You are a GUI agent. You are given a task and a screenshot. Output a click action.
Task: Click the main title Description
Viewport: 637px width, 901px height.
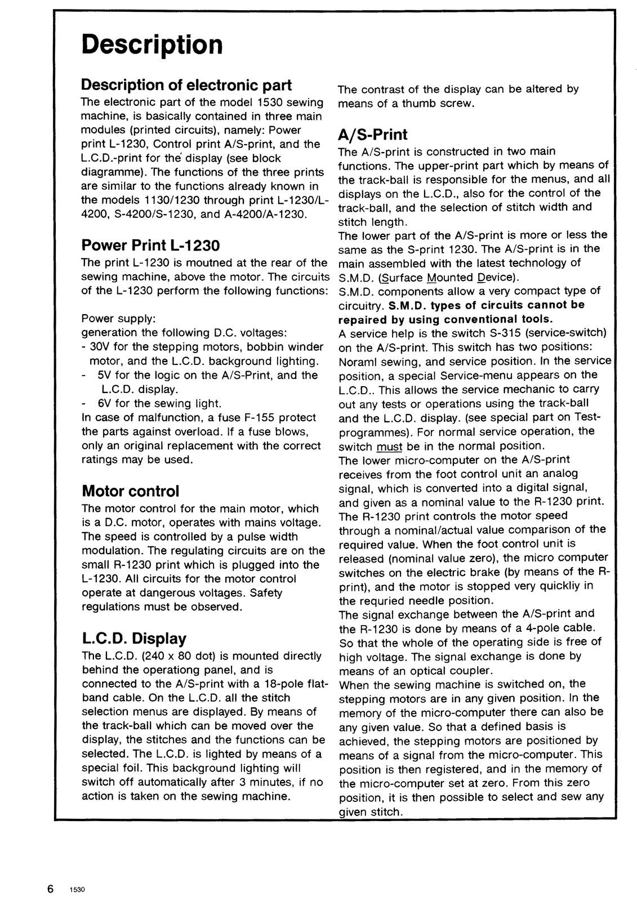pyautogui.click(x=152, y=44)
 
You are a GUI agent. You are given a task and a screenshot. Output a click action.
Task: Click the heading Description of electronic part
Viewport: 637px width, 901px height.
pyautogui.click(x=186, y=84)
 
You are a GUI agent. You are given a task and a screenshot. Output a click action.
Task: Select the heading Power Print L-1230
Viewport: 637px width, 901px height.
pyautogui.click(x=150, y=245)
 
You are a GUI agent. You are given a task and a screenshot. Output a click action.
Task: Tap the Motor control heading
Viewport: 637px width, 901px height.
pyautogui.click(x=130, y=490)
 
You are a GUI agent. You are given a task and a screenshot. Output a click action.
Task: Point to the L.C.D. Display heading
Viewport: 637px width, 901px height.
pyautogui.click(x=133, y=638)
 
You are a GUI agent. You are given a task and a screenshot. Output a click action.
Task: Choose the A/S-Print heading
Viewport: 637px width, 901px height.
pyautogui.click(x=372, y=135)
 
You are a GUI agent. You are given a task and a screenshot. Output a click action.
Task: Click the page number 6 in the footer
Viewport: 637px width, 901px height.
pyautogui.click(x=51, y=889)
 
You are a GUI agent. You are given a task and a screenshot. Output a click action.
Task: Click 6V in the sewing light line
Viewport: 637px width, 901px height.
pyautogui.click(x=104, y=403)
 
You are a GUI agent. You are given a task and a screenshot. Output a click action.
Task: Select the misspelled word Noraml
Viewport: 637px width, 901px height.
pyautogui.click(x=357, y=361)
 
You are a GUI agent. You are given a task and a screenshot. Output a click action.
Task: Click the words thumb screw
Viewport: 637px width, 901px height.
pyautogui.click(x=445, y=103)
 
